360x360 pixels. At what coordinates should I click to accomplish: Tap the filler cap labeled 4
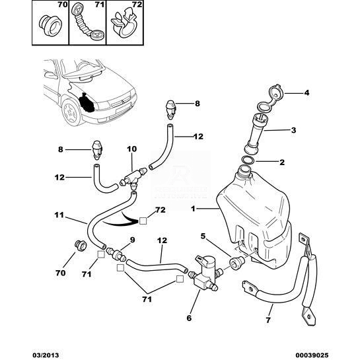(273, 98)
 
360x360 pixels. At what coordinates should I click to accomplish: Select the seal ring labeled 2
(248, 159)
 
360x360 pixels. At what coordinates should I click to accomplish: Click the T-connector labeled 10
(133, 178)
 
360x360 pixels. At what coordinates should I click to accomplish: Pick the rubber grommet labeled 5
(235, 263)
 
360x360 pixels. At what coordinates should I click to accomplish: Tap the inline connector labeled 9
(117, 254)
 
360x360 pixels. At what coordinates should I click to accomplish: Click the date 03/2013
(45, 355)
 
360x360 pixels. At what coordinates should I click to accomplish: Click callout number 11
(59, 215)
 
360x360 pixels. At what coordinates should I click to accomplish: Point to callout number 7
(268, 320)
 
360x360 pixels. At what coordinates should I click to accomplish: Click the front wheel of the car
(70, 112)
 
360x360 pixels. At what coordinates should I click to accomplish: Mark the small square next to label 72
(143, 221)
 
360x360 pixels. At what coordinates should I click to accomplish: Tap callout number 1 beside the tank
(193, 209)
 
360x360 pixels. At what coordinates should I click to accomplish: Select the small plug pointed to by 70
(80, 245)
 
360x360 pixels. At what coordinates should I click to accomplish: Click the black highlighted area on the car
(86, 102)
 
